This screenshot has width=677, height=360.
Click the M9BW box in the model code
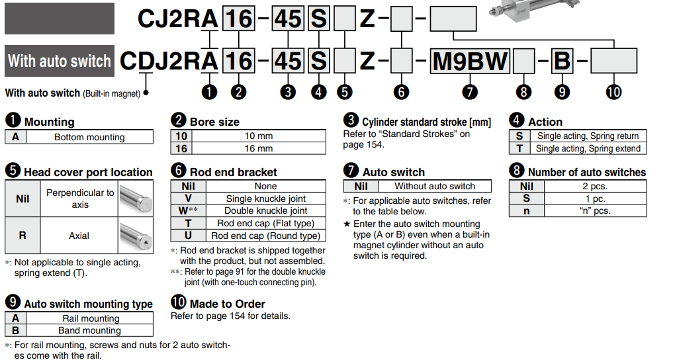pos(471,61)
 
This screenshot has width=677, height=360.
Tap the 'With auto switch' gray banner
pos(60,61)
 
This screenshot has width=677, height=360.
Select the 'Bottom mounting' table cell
pos(89,137)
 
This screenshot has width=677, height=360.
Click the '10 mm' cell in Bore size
pos(259,136)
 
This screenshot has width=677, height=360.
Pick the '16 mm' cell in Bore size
pos(259,148)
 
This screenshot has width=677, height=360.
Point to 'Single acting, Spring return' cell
pos(588,136)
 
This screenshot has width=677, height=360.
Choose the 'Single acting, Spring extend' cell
pos(588,148)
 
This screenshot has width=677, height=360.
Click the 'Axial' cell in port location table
pos(80,236)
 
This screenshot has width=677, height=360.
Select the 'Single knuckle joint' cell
pos(266,199)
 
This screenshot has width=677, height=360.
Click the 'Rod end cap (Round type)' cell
pos(266,236)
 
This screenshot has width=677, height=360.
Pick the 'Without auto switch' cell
pos(435,187)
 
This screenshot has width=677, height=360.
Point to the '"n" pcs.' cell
pos(594,211)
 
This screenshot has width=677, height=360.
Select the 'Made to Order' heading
pos(227,304)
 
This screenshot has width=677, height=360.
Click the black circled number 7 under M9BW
pos(470,92)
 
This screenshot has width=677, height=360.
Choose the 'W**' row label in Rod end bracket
pos(188,211)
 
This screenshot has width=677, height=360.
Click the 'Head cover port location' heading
pos(88,172)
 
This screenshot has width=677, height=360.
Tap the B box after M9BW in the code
pos(561,61)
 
